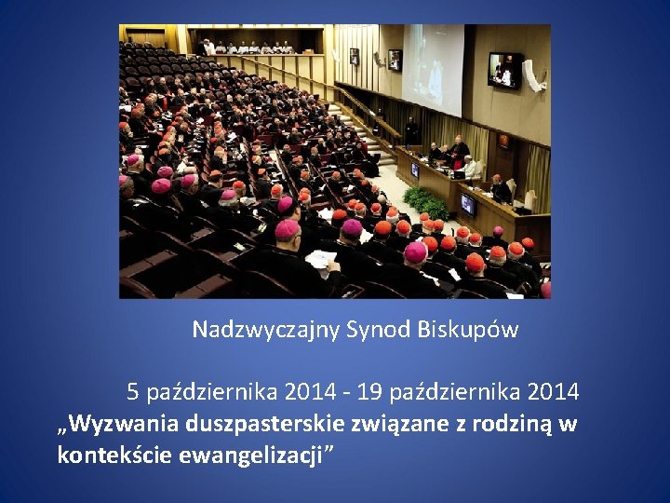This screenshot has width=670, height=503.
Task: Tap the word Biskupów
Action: pyautogui.click(x=473, y=330)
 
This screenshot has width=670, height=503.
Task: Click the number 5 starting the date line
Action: pyautogui.click(x=133, y=392)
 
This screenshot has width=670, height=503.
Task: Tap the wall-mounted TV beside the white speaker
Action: pyautogui.click(x=503, y=70)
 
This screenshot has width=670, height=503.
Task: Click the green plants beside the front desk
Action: pyautogui.click(x=426, y=202)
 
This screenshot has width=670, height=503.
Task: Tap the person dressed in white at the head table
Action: pyautogui.click(x=470, y=168)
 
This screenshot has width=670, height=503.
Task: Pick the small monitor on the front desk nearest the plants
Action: pyautogui.click(x=468, y=205)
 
